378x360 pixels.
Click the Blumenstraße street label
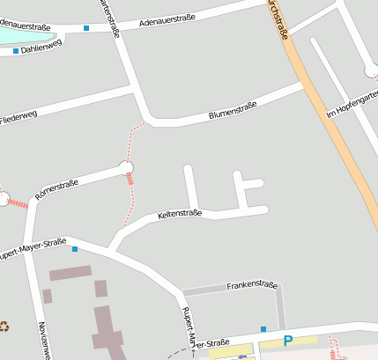click(232, 110)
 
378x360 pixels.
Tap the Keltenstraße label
click(180, 214)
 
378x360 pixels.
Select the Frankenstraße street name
click(252, 286)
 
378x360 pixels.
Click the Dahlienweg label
click(41, 48)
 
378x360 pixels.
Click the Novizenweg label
click(45, 339)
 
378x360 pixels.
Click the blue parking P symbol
click(287, 341)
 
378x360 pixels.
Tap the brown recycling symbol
click(4, 327)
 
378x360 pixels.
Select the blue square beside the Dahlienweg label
click(16, 52)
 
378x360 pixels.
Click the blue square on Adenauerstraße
click(86, 29)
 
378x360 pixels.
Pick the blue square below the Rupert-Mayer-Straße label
click(75, 249)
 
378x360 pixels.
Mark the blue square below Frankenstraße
click(263, 329)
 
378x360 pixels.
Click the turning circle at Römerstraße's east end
click(126, 166)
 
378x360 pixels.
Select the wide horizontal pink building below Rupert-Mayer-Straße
click(70, 274)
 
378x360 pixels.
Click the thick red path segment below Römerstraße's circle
click(130, 180)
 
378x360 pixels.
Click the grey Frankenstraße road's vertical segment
click(280, 308)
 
